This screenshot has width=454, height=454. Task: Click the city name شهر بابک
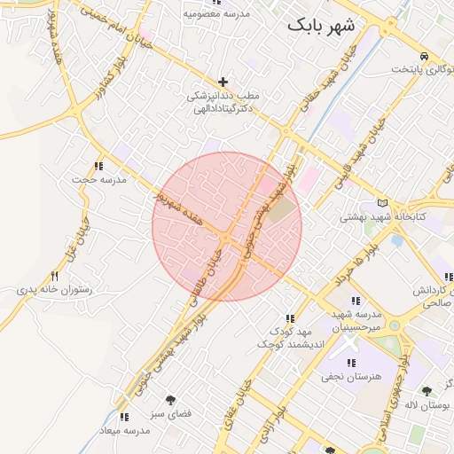[320, 27]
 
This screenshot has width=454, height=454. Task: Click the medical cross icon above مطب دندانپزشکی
[223, 82]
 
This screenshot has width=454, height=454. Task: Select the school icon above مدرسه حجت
[98, 166]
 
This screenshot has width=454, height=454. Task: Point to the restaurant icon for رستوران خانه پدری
[55, 276]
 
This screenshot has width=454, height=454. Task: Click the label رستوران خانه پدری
[55, 290]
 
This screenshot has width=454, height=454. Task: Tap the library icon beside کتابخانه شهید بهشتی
[382, 203]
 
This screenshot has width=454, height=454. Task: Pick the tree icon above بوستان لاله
[427, 390]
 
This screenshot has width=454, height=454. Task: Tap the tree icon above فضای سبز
[170, 399]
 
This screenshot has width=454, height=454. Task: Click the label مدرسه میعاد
[125, 430]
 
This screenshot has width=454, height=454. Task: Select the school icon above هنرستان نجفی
[352, 362]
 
